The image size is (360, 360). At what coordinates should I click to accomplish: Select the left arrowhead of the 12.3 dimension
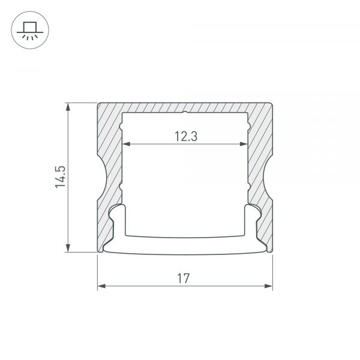coord(126,145)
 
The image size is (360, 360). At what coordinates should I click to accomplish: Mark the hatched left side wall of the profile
coord(109,144)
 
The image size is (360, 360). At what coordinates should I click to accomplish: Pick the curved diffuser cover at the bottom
coord(185,245)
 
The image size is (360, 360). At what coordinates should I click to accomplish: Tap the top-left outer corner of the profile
coord(97,103)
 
